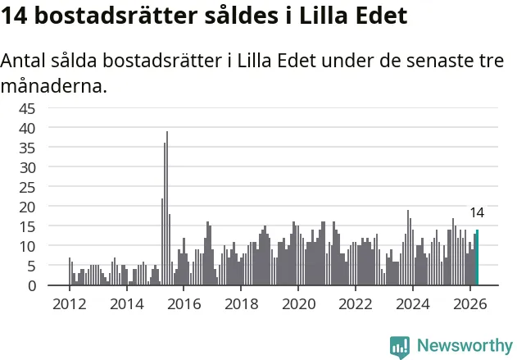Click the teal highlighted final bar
(477, 257)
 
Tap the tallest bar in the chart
(167, 208)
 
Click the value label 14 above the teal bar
(477, 213)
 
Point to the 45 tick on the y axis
(27, 108)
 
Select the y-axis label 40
(27, 129)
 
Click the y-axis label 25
(27, 188)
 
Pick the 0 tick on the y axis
(32, 285)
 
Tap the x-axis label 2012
(70, 304)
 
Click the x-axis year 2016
(184, 304)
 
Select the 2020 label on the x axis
(298, 304)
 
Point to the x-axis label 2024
(413, 304)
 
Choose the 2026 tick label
(469, 304)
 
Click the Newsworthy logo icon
(400, 347)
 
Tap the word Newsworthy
(465, 345)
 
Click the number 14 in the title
(14, 16)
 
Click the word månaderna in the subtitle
(54, 86)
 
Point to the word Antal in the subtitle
(23, 61)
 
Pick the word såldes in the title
(242, 16)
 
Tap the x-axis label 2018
(241, 304)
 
